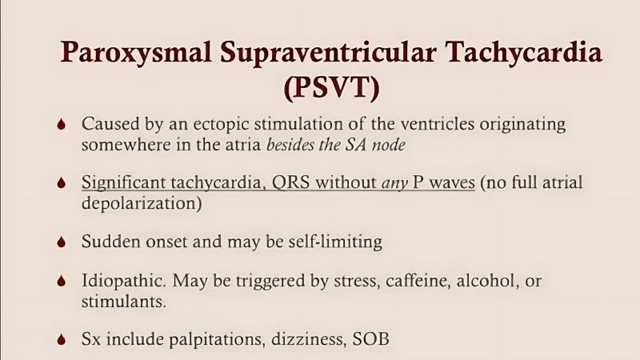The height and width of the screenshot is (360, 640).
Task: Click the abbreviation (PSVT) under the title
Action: click(331, 86)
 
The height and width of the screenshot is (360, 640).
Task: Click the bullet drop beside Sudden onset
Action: click(63, 242)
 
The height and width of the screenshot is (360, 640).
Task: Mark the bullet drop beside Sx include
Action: click(63, 340)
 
